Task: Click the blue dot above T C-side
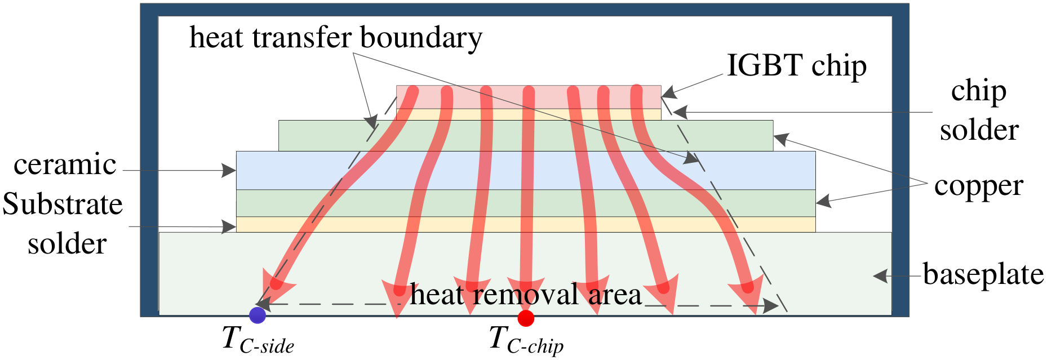[257, 315]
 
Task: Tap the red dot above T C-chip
[526, 318]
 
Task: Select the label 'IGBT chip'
[796, 66]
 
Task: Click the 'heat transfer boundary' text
[336, 38]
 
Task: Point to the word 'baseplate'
[983, 275]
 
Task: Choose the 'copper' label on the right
[978, 186]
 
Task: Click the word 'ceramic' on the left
[65, 165]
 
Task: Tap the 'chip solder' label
[979, 110]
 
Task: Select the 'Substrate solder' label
[63, 224]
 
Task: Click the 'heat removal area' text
[526, 295]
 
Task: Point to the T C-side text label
[258, 340]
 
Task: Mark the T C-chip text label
[526, 340]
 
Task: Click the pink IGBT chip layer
[529, 97]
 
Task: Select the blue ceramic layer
[526, 170]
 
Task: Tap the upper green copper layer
[526, 135]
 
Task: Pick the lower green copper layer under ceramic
[526, 203]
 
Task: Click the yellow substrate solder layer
[526, 224]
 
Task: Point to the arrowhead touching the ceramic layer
[229, 170]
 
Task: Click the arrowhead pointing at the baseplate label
[881, 276]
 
